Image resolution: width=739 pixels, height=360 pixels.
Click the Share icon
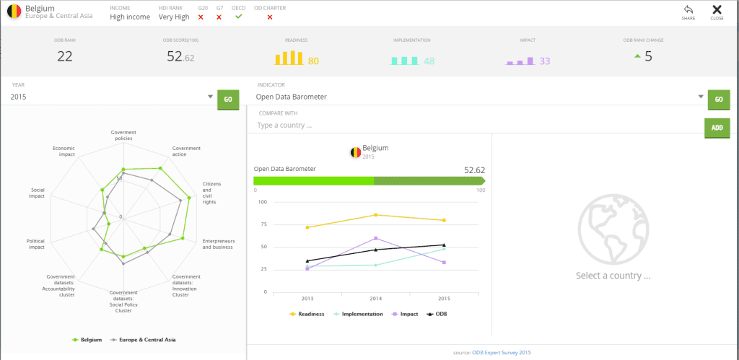click(688, 9)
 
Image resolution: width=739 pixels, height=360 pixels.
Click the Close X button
click(717, 9)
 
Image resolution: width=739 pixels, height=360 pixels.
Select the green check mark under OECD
click(239, 16)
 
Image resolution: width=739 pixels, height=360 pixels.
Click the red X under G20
click(201, 17)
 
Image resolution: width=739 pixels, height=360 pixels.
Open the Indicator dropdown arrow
click(700, 97)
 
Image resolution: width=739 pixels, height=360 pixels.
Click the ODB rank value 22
click(65, 56)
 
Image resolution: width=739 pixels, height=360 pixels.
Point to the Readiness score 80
click(313, 61)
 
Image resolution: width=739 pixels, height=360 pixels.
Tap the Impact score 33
click(545, 61)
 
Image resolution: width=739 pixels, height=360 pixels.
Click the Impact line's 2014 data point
click(375, 238)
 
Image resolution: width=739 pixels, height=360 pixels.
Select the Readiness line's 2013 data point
click(307, 227)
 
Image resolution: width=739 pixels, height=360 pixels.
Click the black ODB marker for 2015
click(444, 245)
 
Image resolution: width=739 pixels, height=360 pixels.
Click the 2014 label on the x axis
click(375, 297)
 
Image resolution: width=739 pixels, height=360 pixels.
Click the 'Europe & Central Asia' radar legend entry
click(147, 339)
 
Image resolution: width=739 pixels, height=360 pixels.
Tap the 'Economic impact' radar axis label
click(64, 151)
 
